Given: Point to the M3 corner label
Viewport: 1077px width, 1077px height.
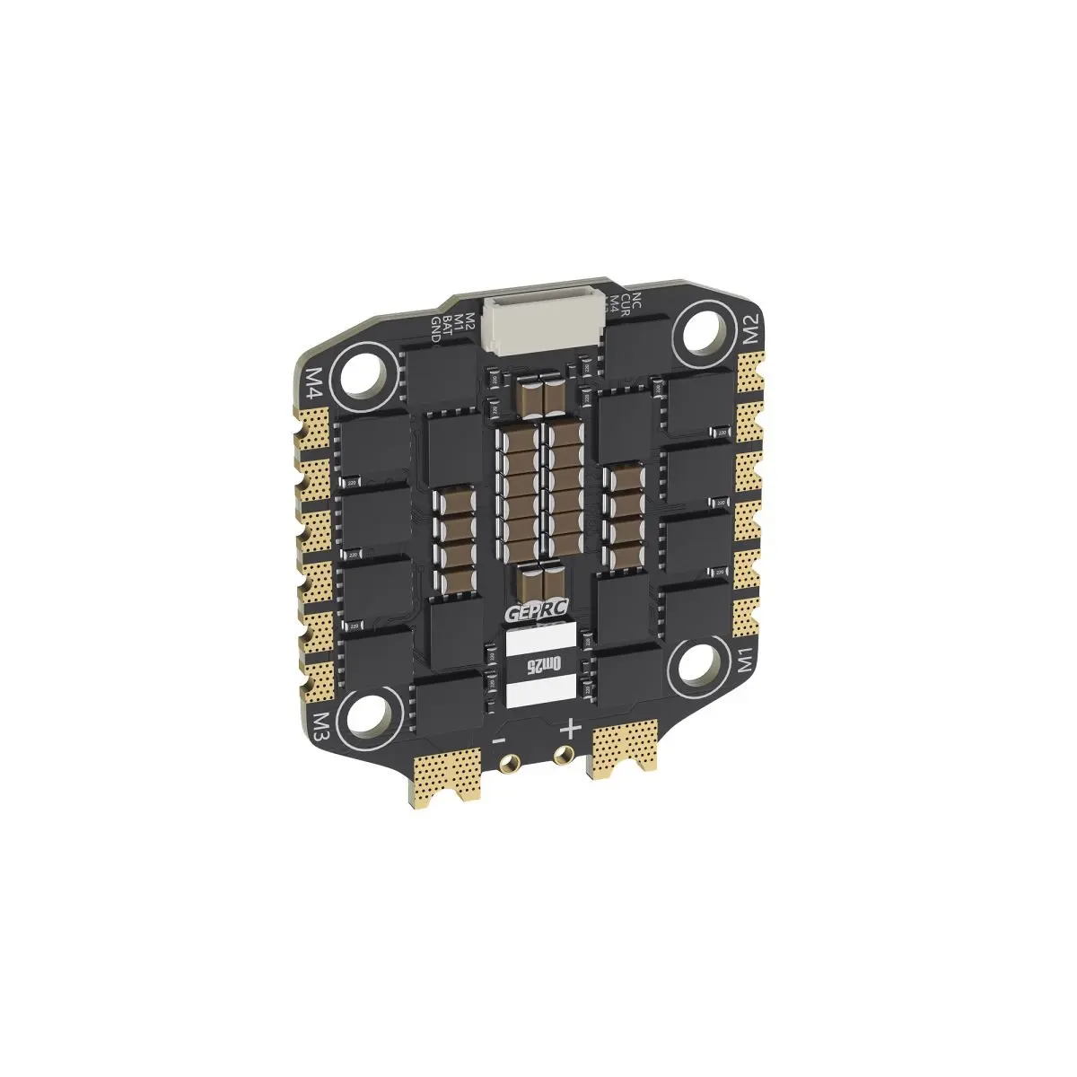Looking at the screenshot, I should pyautogui.click(x=322, y=725).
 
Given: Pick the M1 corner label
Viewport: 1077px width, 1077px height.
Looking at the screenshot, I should pyautogui.click(x=744, y=662).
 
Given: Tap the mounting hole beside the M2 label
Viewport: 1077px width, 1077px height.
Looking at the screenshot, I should pyautogui.click(x=701, y=335).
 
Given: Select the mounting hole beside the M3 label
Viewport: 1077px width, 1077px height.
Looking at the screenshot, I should pyautogui.click(x=375, y=714).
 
